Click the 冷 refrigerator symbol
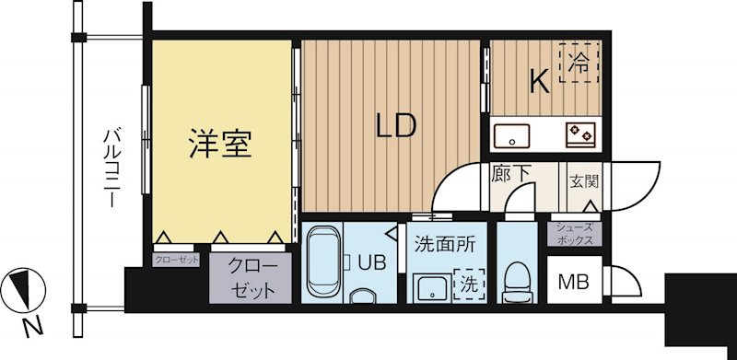coord(578,63)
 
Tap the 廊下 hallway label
coord(508,172)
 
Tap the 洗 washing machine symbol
coord(471,281)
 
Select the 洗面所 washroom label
coord(444,245)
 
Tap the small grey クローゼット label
coord(177,260)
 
